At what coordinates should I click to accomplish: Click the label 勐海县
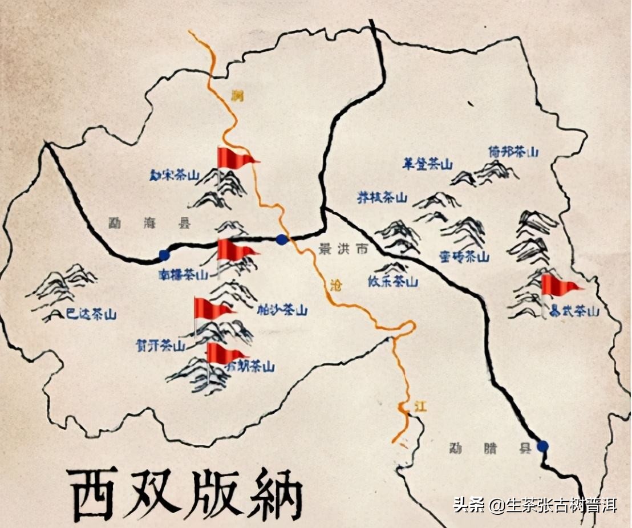tap(149, 224)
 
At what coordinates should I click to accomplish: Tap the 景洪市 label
tap(342, 249)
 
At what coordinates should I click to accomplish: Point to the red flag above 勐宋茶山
tap(236, 157)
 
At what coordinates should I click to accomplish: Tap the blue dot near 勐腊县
tap(542, 446)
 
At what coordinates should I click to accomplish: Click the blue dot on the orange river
tap(281, 239)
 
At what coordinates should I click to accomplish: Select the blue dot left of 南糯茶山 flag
tap(164, 255)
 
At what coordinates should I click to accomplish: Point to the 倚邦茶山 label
tap(513, 152)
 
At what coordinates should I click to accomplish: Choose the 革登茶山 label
tap(427, 165)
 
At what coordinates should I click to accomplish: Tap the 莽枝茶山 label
tap(382, 198)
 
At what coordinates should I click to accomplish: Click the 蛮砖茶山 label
tap(464, 257)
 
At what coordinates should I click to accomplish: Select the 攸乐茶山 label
tap(393, 282)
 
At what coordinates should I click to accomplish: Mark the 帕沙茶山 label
tap(282, 310)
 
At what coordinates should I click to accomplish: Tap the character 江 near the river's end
tap(420, 407)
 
